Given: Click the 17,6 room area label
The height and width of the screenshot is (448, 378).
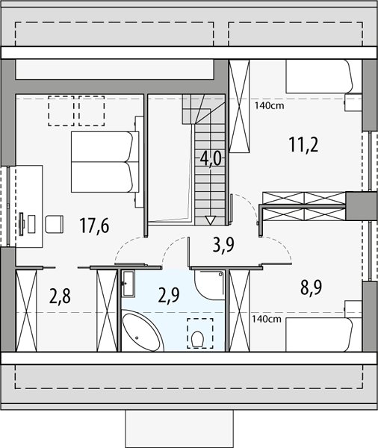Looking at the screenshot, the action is tap(94, 226).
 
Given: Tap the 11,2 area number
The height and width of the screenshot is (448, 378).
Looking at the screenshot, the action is tap(303, 145).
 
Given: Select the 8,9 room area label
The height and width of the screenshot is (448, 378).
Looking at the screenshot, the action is tap(311, 287).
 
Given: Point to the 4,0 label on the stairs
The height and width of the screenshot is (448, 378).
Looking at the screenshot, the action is tap(211, 160).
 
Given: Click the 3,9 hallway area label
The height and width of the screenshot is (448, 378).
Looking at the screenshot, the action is tap(223, 245).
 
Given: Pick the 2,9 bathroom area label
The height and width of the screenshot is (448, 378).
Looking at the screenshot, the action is tap(169, 295).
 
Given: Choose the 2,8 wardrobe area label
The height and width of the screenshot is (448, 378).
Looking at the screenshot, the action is tap(60, 296).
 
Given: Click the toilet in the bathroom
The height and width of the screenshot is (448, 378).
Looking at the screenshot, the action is tap(197, 338).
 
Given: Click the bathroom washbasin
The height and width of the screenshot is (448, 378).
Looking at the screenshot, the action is tap(128, 284).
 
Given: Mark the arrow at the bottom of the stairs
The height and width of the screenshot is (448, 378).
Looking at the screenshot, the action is tap(211, 220).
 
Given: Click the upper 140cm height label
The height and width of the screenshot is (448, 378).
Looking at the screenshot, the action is tap(270, 106).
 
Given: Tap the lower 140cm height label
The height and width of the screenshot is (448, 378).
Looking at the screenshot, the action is tap(267, 319).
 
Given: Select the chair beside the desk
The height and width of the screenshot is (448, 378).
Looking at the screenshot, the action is tap(55, 224).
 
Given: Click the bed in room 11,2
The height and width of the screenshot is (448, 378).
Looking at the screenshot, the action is tap(319, 76).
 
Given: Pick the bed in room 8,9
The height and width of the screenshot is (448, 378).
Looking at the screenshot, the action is tap(319, 335).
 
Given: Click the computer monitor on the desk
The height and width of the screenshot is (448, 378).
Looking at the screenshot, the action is tap(22, 224).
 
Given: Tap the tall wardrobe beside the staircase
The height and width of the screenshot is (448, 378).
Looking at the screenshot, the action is tap(240, 106).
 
